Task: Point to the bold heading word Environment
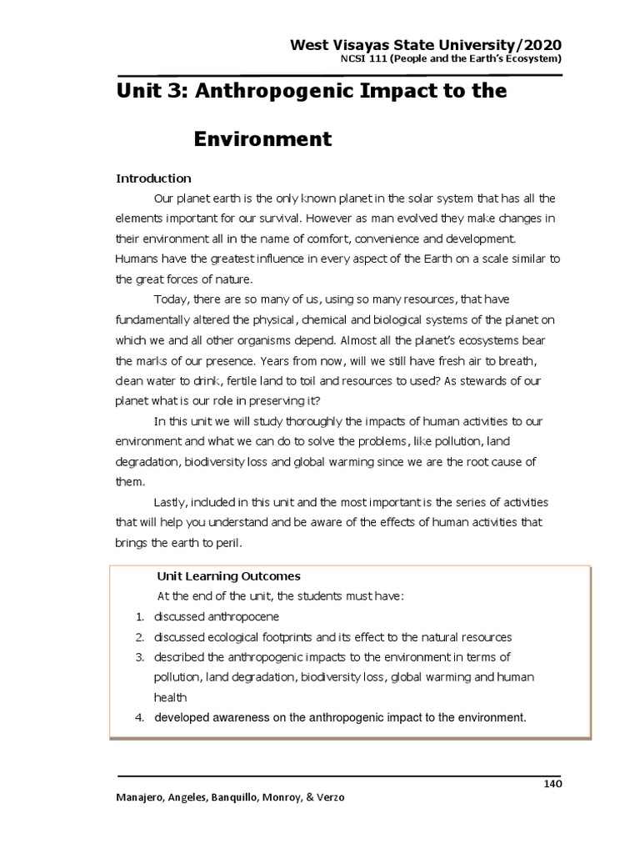tap(262, 138)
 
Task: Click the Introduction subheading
tap(153, 178)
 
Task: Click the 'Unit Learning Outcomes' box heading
tap(228, 576)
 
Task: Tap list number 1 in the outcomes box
tap(139, 616)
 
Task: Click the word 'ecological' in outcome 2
tap(230, 636)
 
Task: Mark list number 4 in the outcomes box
tap(140, 717)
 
